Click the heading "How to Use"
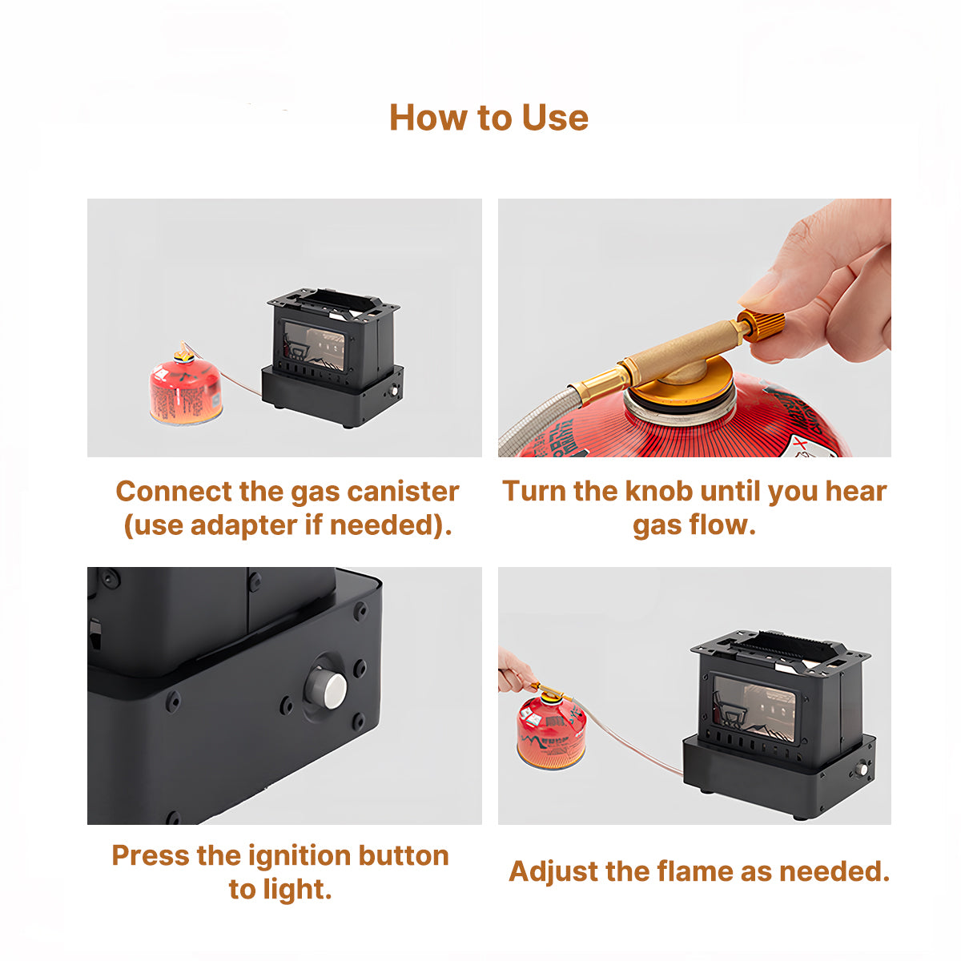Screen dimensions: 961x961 [x=489, y=118]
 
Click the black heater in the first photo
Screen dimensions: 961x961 [x=334, y=360]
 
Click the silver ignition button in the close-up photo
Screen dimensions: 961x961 [x=326, y=688]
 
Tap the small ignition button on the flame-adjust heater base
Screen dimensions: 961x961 [x=862, y=770]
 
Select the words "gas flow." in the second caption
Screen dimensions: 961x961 [x=694, y=525]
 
